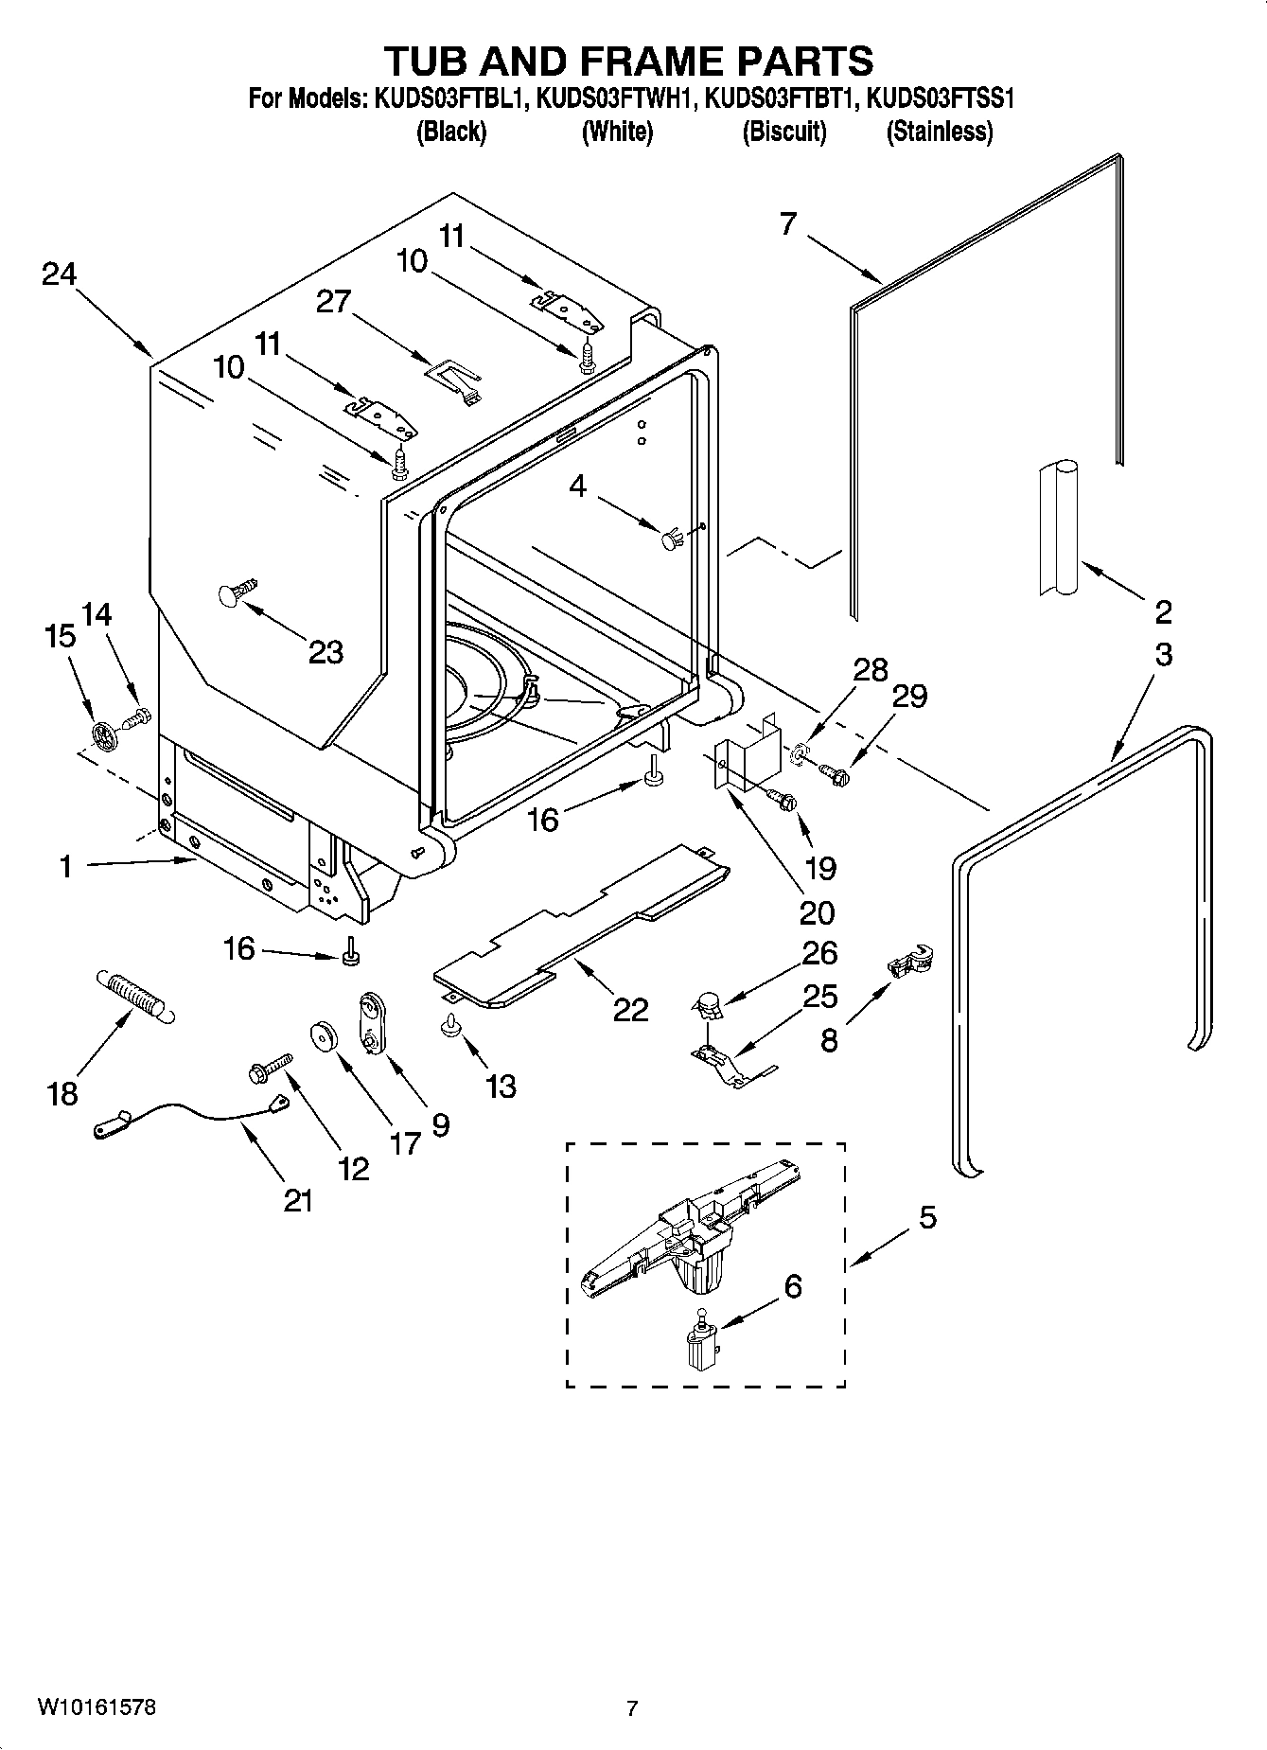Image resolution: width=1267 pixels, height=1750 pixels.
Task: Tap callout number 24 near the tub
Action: click(59, 274)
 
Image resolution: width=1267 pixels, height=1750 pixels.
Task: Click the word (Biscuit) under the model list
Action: click(783, 132)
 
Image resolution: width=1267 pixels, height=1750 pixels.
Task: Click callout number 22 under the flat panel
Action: click(630, 1010)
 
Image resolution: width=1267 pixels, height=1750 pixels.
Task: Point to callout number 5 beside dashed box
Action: click(927, 1217)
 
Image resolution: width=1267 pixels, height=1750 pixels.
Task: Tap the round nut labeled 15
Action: click(105, 734)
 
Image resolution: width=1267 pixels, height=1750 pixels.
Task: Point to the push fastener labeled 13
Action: click(450, 1025)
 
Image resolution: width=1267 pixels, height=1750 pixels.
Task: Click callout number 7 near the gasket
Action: click(787, 225)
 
